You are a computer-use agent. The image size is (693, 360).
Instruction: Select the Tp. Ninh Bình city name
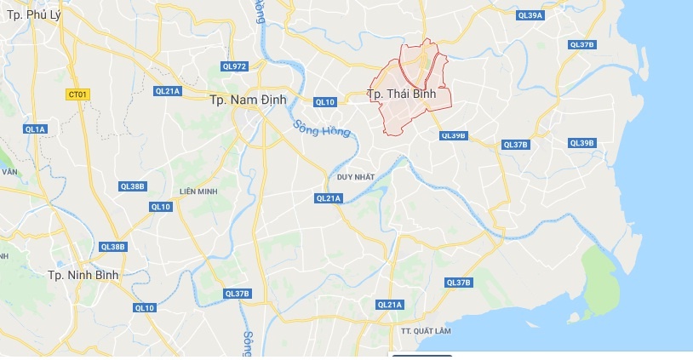(x=83, y=275)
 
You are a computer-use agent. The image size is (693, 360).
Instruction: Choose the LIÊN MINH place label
(x=198, y=191)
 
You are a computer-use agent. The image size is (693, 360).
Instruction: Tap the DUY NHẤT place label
(x=355, y=177)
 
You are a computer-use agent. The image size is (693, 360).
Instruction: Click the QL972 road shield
(x=233, y=66)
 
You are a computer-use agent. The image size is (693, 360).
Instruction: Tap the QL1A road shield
(x=35, y=129)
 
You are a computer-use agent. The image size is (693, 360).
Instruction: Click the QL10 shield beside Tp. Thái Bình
(x=324, y=102)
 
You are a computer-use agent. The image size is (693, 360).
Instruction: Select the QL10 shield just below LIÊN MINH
(x=161, y=207)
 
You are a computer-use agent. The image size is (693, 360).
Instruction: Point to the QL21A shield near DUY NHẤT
(x=328, y=198)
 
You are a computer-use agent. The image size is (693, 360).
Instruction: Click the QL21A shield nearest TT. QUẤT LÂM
(x=388, y=305)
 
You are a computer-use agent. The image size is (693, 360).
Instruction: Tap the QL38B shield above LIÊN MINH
(x=133, y=186)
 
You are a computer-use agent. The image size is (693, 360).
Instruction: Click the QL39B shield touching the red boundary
(x=454, y=135)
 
